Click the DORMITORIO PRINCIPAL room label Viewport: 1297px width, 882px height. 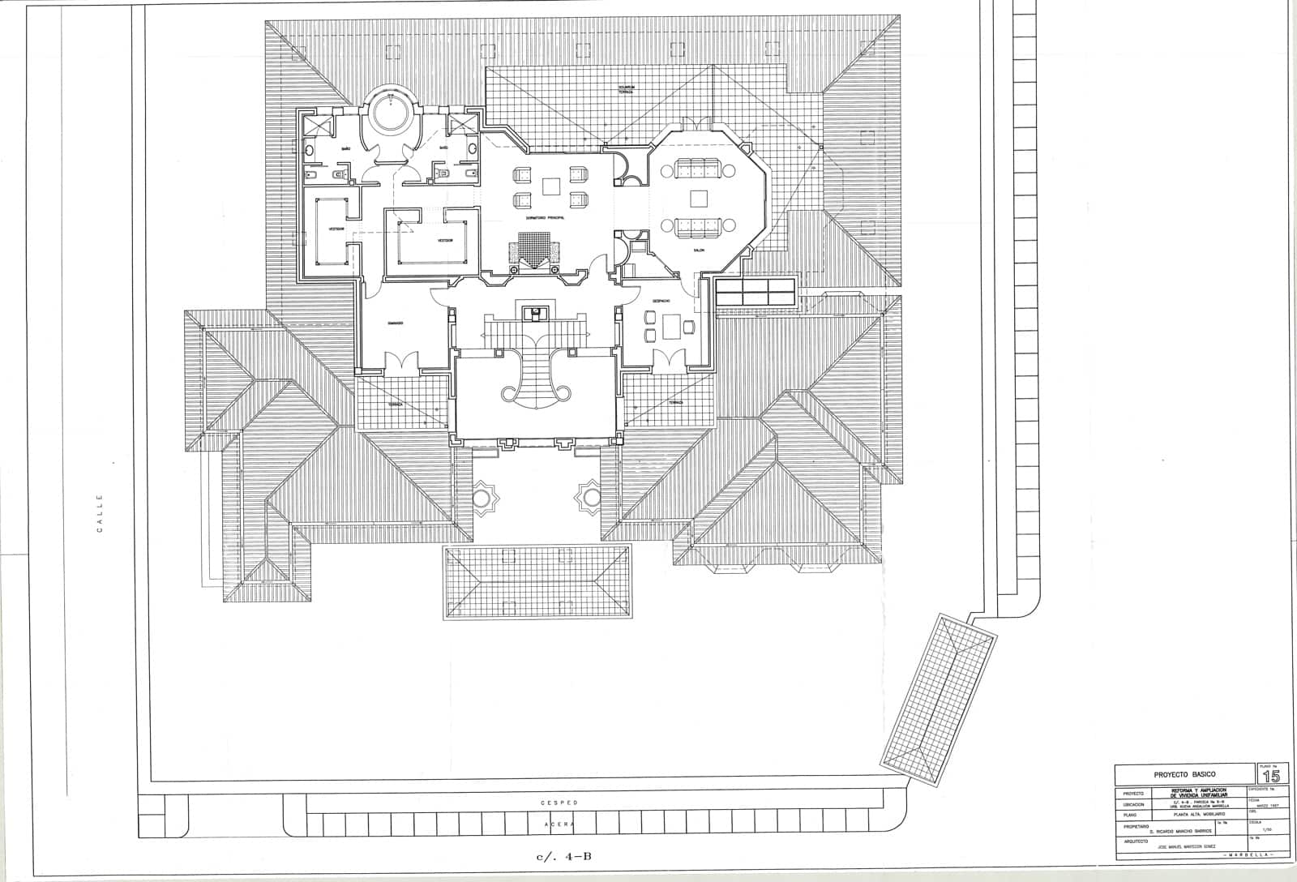pos(544,218)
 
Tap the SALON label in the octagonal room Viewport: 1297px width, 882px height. pos(698,250)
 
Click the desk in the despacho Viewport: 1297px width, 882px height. pos(672,326)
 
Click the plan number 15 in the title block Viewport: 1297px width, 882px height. pos(1271,775)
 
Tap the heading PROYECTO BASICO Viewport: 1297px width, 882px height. pos(1184,775)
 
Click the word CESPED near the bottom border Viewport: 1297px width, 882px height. pos(559,803)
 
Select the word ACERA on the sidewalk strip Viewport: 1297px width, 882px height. pos(559,824)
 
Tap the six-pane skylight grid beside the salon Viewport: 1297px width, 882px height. pos(755,291)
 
